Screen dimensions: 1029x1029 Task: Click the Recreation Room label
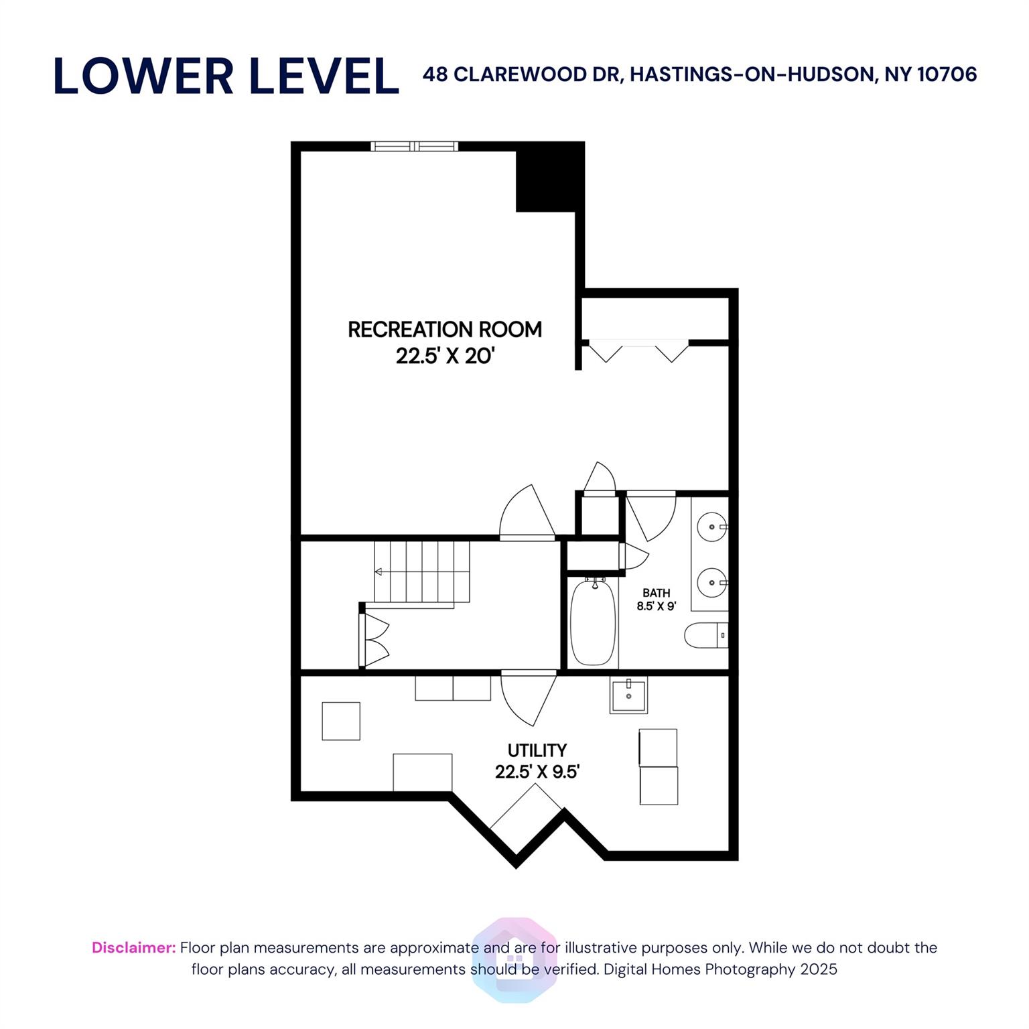pyautogui.click(x=445, y=330)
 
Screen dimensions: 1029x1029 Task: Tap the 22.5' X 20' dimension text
pyautogui.click(x=445, y=356)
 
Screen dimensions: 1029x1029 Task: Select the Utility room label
pyautogui.click(x=537, y=750)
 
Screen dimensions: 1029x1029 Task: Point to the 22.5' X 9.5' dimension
pyautogui.click(x=537, y=772)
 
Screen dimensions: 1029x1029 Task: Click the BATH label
pyautogui.click(x=656, y=593)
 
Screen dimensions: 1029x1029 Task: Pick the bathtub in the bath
pyautogui.click(x=593, y=622)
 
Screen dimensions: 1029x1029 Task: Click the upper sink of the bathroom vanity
pyautogui.click(x=712, y=527)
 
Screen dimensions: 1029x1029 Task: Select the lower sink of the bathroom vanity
pyautogui.click(x=712, y=583)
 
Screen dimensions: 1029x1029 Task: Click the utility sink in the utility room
pyautogui.click(x=628, y=696)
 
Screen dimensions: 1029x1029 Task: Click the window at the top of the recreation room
pyautogui.click(x=415, y=146)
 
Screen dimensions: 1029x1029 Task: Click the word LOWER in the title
pyautogui.click(x=143, y=76)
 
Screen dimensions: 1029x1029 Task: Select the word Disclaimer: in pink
pyautogui.click(x=134, y=947)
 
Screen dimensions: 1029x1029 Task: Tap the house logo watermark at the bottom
pyautogui.click(x=514, y=960)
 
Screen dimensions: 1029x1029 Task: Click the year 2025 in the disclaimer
pyautogui.click(x=818, y=969)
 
